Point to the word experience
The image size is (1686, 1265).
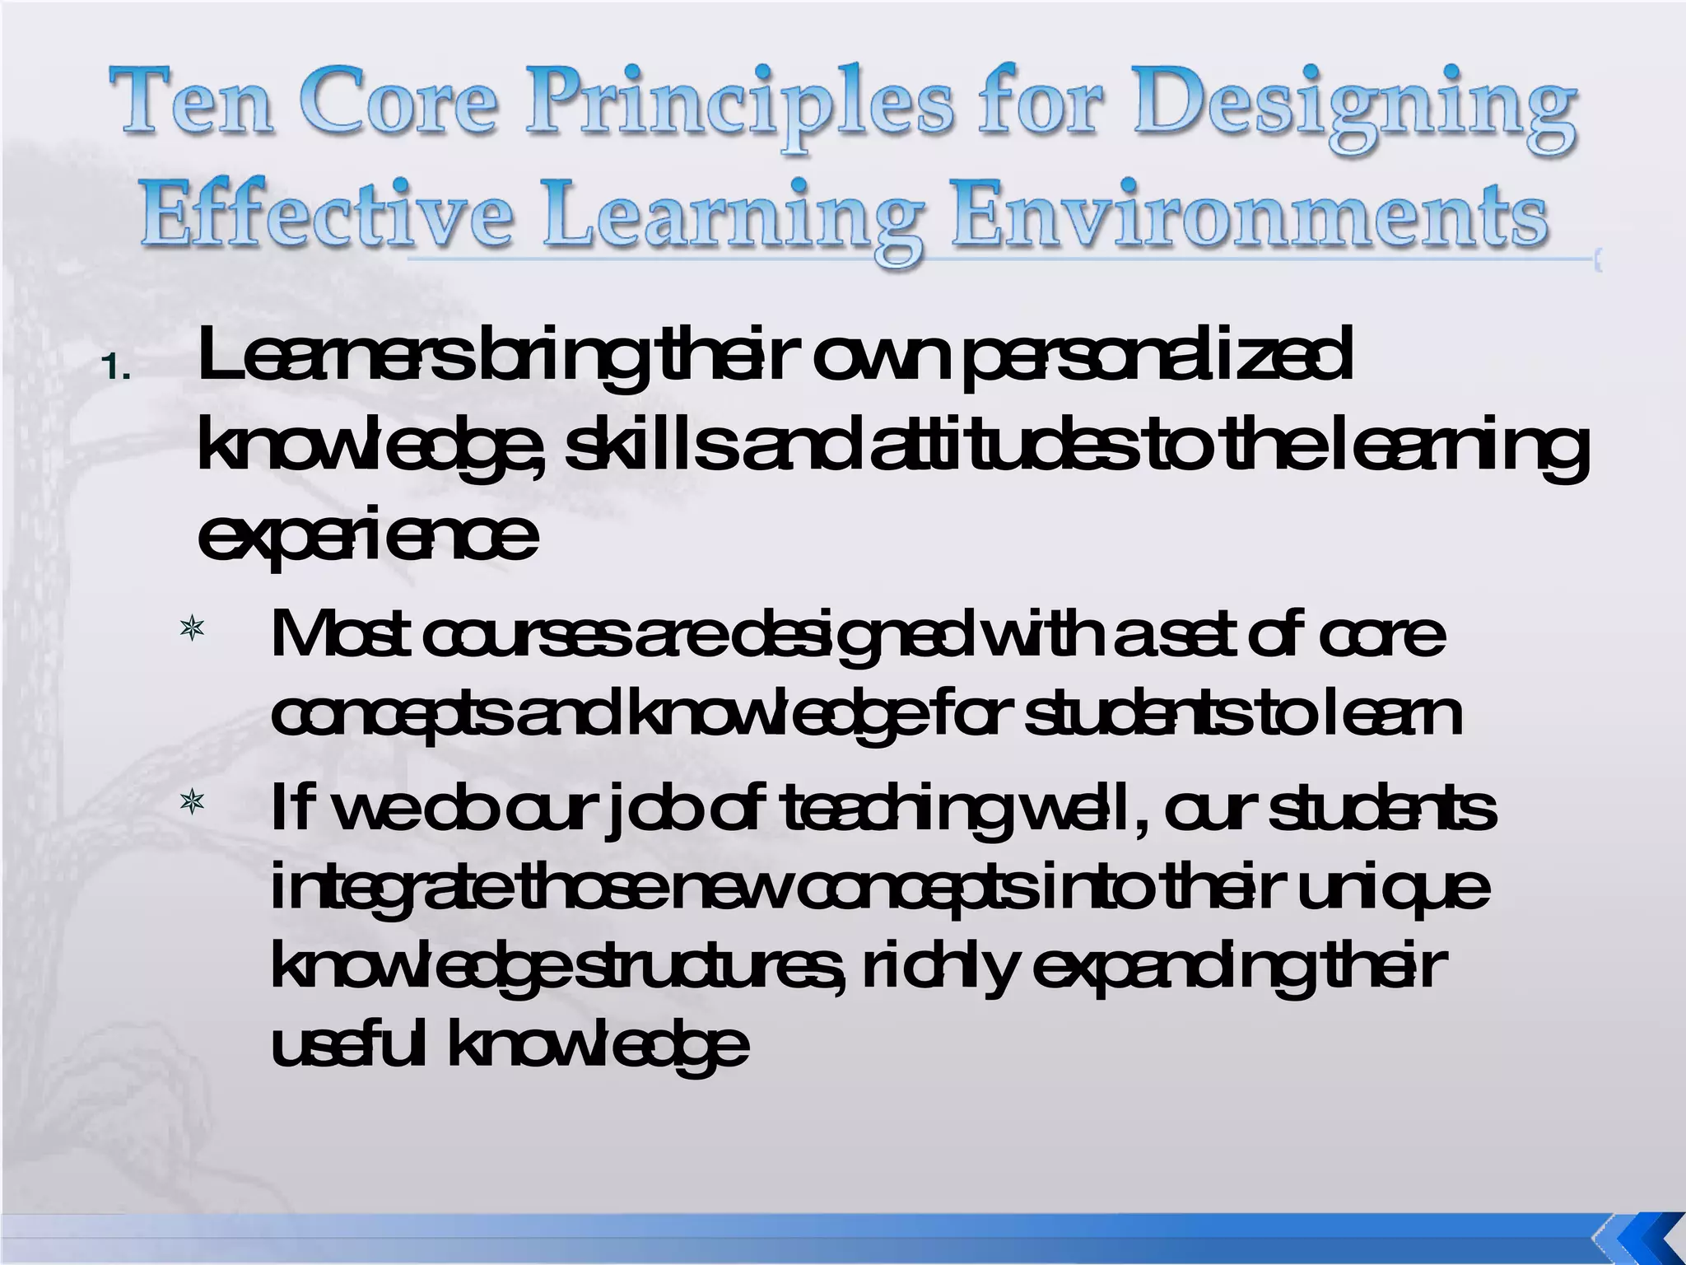coord(367,539)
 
